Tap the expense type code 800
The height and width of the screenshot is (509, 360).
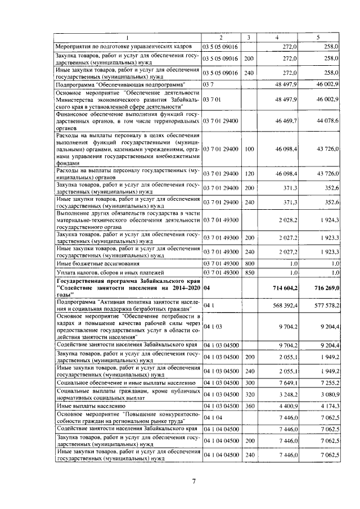(x=249, y=263)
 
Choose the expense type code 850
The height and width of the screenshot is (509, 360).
(x=249, y=272)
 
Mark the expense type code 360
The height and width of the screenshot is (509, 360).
(x=249, y=405)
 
